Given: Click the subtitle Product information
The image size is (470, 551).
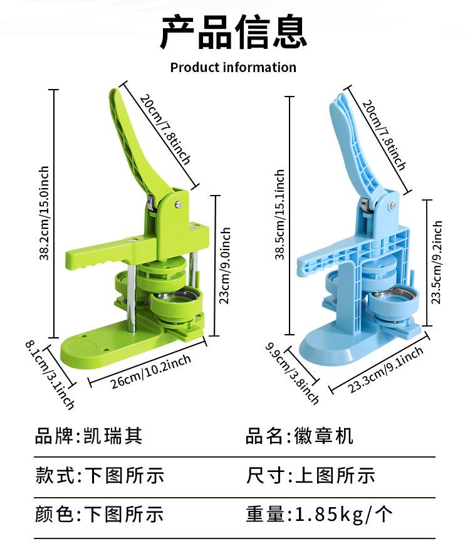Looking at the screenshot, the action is pyautogui.click(x=233, y=67).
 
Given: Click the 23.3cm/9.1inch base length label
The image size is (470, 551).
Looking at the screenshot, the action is pyautogui.click(x=385, y=370).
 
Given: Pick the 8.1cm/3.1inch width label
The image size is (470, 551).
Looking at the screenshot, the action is pyautogui.click(x=50, y=374).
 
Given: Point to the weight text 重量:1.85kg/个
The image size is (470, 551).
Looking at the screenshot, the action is pyautogui.click(x=320, y=514).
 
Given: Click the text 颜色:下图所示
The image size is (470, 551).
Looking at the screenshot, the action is pyautogui.click(x=100, y=514).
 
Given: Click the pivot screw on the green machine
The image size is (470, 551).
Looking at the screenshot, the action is pyautogui.click(x=179, y=202).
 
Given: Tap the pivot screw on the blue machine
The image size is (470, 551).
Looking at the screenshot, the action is pyautogui.click(x=394, y=204).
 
